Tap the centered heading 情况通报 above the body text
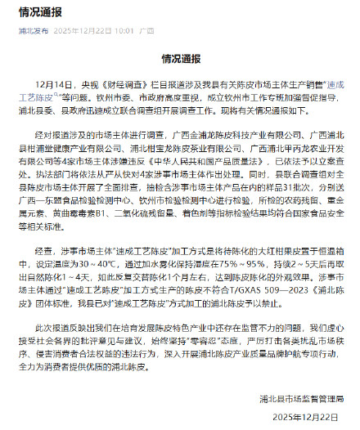180,60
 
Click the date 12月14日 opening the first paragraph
55,83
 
